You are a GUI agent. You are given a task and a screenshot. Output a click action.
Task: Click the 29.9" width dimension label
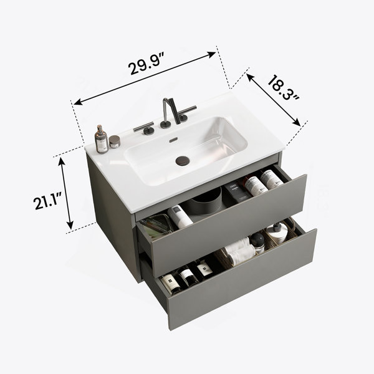[146, 64]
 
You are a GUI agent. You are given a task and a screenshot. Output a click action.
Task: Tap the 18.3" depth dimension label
[283, 88]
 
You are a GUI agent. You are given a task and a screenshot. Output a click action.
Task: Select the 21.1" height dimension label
[47, 201]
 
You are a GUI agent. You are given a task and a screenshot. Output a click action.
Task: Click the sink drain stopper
[183, 161]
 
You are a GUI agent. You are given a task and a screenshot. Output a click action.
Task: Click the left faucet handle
[145, 128]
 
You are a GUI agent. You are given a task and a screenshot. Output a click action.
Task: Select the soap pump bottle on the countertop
[102, 140]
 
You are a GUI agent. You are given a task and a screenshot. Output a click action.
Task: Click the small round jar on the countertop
[115, 141]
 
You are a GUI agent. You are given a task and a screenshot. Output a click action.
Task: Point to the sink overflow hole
[174, 140]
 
